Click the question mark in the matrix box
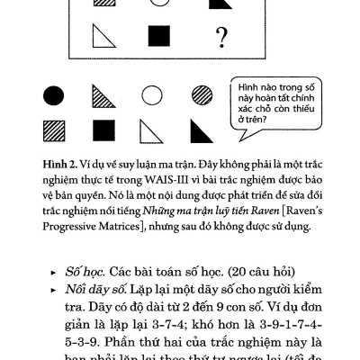point(220,37)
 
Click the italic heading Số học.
point(84,271)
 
